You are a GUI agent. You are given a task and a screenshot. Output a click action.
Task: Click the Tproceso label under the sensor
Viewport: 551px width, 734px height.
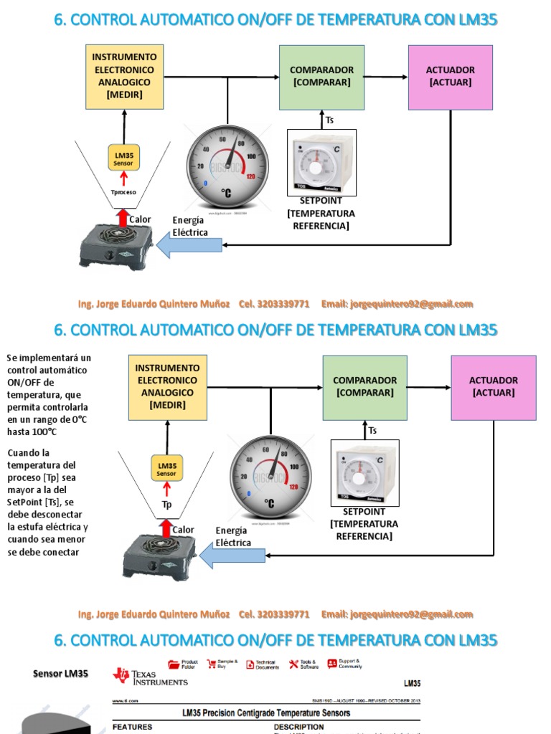123,192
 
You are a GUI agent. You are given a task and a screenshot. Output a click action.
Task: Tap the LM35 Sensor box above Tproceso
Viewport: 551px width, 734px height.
123,158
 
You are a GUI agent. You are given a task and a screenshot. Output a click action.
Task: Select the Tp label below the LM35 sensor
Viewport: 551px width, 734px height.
166,504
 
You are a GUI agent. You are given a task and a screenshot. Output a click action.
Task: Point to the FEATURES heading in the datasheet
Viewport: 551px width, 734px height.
132,727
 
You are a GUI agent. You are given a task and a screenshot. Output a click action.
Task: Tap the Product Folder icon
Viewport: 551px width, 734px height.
174,664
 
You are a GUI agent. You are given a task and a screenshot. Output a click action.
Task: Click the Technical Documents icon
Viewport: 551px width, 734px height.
250,664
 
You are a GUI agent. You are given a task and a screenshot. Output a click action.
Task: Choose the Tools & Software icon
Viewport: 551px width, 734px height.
293,664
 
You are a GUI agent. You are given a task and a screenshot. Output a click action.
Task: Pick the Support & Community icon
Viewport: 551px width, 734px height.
332,664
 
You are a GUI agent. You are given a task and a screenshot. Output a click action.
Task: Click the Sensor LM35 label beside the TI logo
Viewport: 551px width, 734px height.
61,674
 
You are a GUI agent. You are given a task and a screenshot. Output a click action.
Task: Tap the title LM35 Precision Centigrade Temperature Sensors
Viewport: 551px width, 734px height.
265,712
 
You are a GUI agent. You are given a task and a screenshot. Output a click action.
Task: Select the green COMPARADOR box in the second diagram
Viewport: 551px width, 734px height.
364,387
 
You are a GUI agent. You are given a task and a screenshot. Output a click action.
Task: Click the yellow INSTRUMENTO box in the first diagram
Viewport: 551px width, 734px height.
124,76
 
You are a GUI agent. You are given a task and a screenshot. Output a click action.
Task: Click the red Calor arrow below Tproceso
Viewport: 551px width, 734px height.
123,216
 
